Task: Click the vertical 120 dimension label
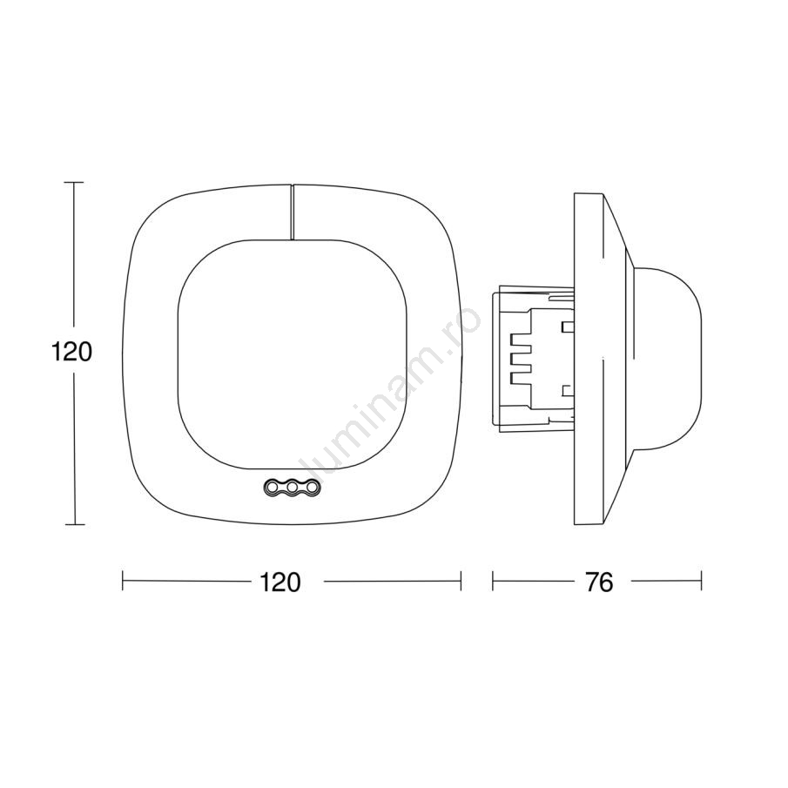tap(72, 353)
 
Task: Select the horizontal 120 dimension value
tap(280, 583)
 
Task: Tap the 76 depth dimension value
tap(599, 583)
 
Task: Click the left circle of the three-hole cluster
tap(273, 487)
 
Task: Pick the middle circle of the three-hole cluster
tap(292, 487)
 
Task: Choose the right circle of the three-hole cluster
tap(312, 487)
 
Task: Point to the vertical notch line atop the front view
tap(292, 212)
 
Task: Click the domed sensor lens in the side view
tap(666, 357)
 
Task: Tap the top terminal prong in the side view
tap(521, 340)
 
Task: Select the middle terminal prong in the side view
tap(521, 360)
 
